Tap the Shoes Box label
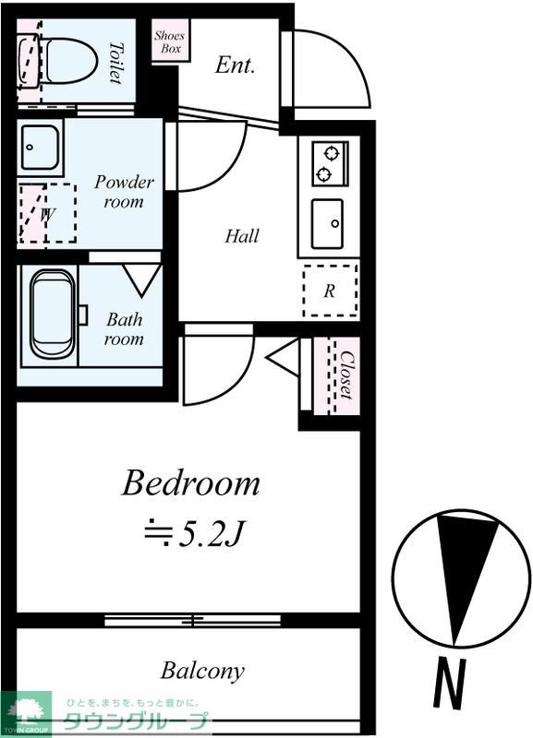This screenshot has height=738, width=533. tap(169, 42)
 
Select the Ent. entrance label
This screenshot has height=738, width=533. tap(235, 65)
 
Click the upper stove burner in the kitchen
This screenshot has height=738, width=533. tap(332, 152)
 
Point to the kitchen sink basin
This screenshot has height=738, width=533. tap(328, 223)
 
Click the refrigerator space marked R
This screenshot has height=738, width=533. tap(330, 291)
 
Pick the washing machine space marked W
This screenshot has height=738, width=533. tap(48, 213)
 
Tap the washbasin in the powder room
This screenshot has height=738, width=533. tap(40, 148)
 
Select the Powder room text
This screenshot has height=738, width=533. tap(124, 192)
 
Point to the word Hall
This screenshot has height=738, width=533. tap(242, 236)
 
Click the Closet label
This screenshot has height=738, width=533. tap(346, 375)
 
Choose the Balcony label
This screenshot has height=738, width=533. tap(202, 671)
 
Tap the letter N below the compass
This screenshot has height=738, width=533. tap(450, 683)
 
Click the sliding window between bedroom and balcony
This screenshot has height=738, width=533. tap(192, 620)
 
